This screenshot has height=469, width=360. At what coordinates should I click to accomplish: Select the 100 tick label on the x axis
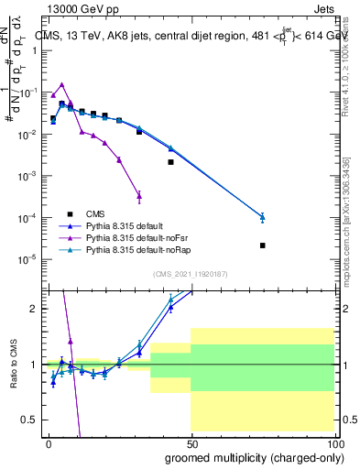(x=332, y=442)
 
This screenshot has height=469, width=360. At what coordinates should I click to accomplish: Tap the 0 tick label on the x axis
(x=48, y=442)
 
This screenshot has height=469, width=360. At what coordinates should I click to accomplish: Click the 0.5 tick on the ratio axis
(x=30, y=420)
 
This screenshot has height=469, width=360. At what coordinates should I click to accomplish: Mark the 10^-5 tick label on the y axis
(x=27, y=259)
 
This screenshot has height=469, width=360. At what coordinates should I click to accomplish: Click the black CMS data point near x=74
(x=262, y=245)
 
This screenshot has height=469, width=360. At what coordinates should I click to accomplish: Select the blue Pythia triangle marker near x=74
(x=262, y=217)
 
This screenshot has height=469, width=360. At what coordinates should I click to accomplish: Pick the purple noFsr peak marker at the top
(x=61, y=84)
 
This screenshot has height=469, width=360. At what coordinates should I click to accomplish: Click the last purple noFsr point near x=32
(x=138, y=195)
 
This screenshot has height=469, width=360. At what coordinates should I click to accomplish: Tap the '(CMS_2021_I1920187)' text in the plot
(x=190, y=274)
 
